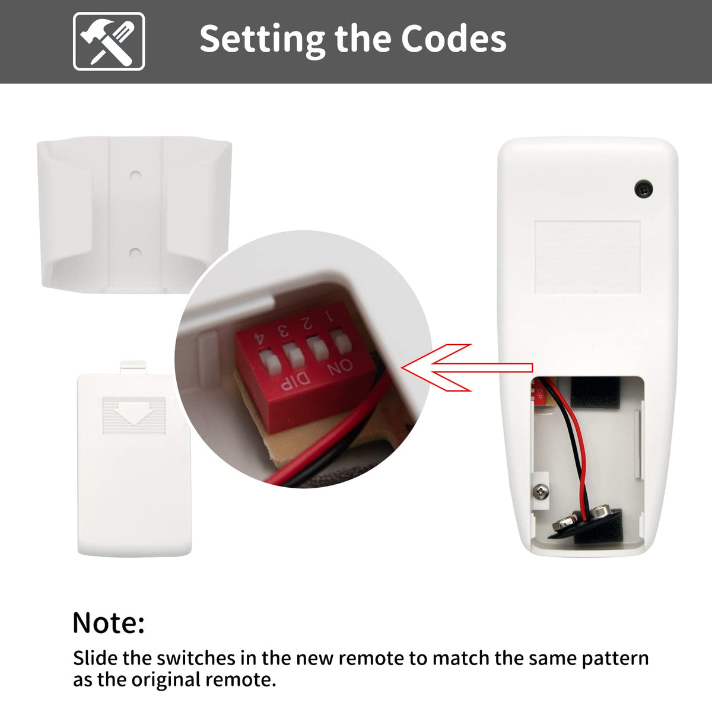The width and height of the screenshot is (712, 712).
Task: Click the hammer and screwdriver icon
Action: [x=109, y=42]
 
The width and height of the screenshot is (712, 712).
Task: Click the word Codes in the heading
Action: [x=453, y=39]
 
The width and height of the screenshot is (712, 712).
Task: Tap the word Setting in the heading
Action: [x=262, y=40]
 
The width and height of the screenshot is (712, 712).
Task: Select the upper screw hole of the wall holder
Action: [x=136, y=176]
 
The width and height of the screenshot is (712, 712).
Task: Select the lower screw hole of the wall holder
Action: [x=136, y=253]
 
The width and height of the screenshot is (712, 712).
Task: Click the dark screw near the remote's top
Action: [x=643, y=189]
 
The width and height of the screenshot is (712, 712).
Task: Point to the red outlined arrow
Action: [x=467, y=367]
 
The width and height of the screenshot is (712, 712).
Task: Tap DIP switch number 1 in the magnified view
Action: [x=341, y=342]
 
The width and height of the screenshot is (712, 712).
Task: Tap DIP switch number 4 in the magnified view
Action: [x=269, y=362]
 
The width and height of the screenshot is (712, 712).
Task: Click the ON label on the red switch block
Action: [x=340, y=367]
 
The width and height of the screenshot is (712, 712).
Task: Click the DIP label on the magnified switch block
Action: [x=295, y=382]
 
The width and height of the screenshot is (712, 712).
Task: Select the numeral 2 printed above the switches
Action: [x=306, y=323]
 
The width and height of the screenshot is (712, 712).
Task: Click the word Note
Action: [x=109, y=623]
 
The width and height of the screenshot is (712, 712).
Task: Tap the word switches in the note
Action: [x=196, y=658]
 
